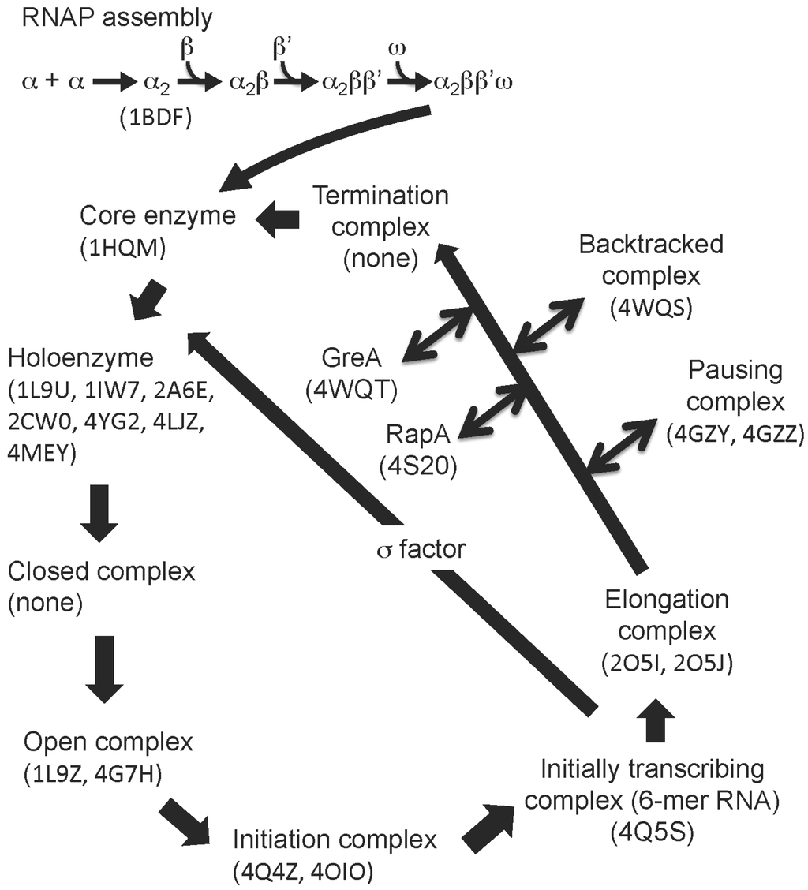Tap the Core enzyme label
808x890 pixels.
tap(158, 215)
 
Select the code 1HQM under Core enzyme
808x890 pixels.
tap(124, 248)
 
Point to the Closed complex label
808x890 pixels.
tap(100, 570)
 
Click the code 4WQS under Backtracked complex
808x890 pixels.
tap(651, 309)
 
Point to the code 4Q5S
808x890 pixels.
tap(652, 832)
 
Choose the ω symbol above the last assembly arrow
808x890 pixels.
tap(398, 50)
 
